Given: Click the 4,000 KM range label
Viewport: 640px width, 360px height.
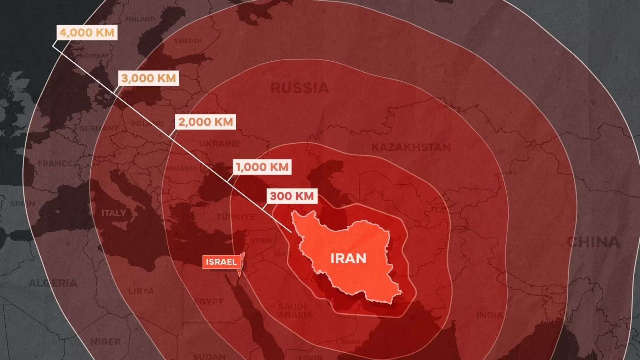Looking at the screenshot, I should [87, 32].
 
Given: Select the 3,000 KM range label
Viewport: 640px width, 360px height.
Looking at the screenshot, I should [148, 78].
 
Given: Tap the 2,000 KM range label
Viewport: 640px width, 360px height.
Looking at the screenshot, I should [205, 122].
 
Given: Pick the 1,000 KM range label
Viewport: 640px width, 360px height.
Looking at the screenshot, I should [262, 167].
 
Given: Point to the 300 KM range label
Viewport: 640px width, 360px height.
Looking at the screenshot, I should [292, 196].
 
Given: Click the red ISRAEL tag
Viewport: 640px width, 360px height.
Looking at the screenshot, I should [221, 262].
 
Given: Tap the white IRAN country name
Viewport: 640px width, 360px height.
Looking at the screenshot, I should [348, 258].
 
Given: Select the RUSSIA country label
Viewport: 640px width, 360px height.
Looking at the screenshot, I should [299, 88].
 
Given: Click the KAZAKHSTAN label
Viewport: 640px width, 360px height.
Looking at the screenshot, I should [411, 147].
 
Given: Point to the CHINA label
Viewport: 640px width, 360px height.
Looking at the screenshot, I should [593, 242].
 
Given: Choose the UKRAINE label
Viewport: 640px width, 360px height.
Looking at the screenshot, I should [219, 144].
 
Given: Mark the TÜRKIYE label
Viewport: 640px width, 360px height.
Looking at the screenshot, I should [236, 217].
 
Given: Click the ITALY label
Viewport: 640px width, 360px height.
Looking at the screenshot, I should [114, 213].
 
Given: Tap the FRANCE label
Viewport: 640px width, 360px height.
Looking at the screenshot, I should [55, 164].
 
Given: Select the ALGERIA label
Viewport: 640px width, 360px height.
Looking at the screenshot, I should [53, 283].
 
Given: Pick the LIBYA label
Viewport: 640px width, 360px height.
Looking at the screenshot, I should [141, 291].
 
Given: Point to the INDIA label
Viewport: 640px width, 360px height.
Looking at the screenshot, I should [490, 315].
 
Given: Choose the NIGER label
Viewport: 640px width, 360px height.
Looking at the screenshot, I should [105, 342].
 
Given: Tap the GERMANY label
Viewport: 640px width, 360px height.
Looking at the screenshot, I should [99, 128].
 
